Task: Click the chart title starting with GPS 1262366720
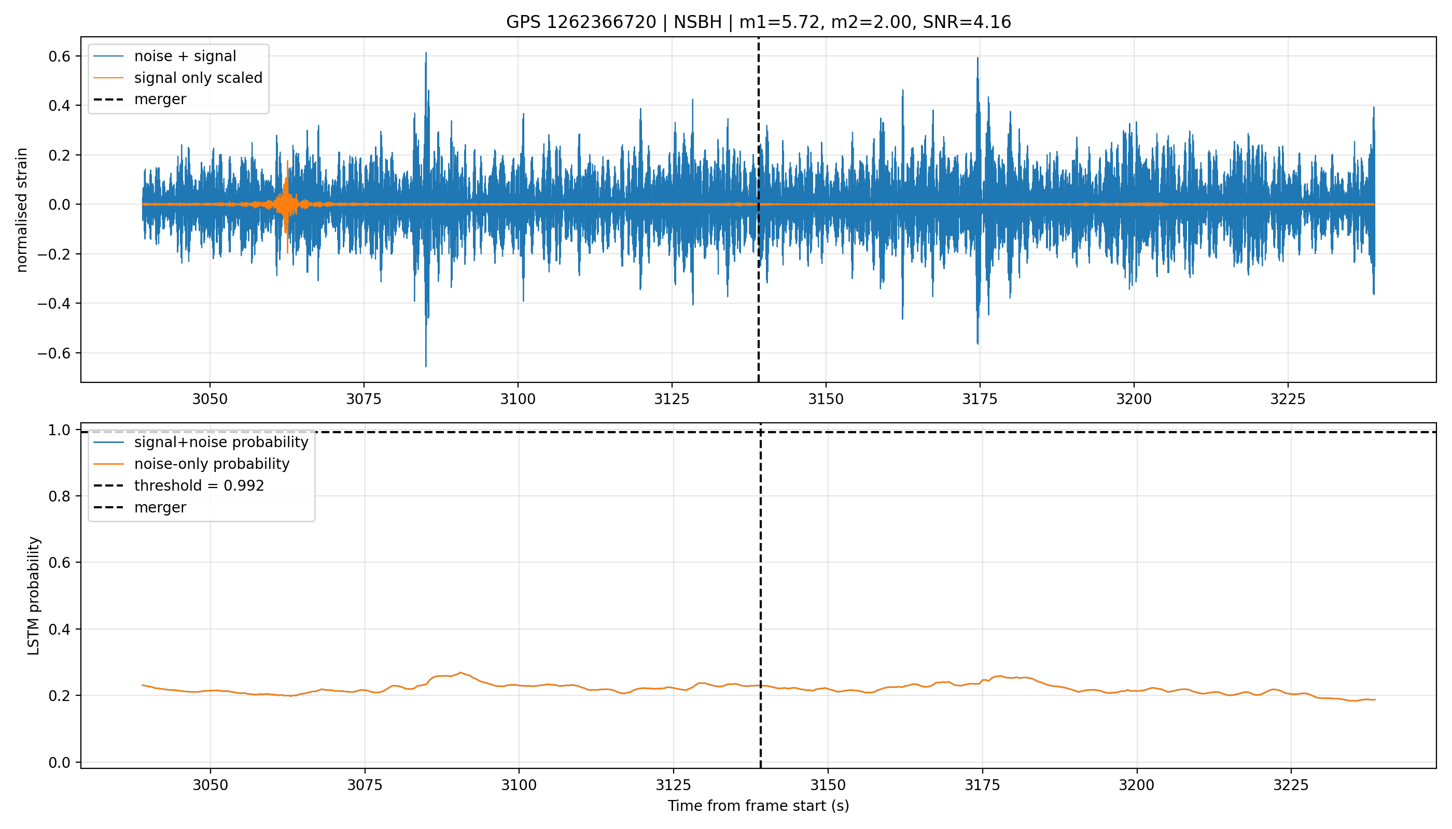(759, 22)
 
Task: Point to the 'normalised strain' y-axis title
(22, 210)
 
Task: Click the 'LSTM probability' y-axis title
(34, 595)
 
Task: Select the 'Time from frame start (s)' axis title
(759, 806)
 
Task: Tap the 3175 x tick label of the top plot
(980, 399)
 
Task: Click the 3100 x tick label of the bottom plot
(519, 785)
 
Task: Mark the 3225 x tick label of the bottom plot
(1291, 785)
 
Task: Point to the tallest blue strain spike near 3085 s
(426, 53)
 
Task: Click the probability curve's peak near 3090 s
(460, 673)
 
